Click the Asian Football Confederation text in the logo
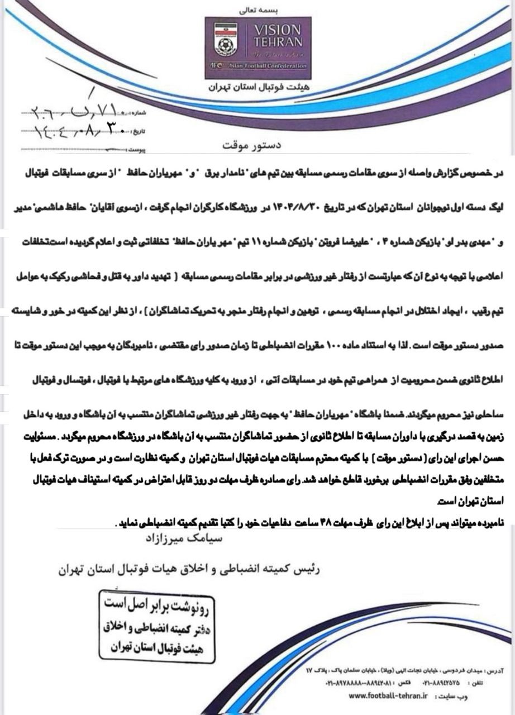click(274, 66)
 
